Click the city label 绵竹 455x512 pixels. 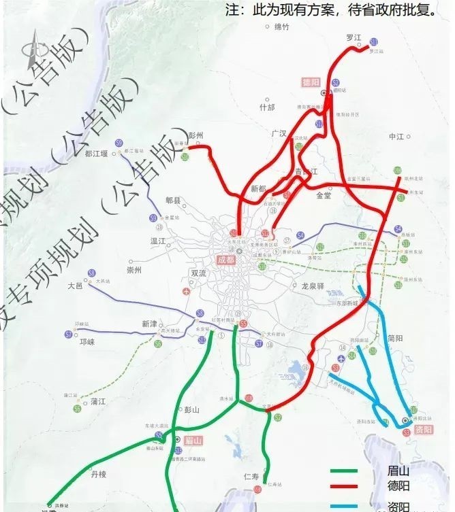click(x=282, y=27)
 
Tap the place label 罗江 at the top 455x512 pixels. click(x=353, y=38)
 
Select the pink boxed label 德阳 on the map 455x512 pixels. click(x=311, y=82)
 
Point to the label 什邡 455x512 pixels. click(x=267, y=107)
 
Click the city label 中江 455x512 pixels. click(x=396, y=137)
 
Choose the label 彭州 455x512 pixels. click(x=196, y=135)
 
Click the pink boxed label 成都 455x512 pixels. click(x=225, y=260)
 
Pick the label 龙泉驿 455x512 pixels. click(x=313, y=286)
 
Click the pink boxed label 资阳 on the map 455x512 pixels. click(x=423, y=430)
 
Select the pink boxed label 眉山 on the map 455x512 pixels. click(x=193, y=441)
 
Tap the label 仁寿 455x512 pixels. click(x=251, y=476)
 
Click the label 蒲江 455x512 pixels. click(x=98, y=401)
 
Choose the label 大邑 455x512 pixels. click(x=75, y=286)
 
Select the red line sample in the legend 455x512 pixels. click(x=344, y=488)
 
